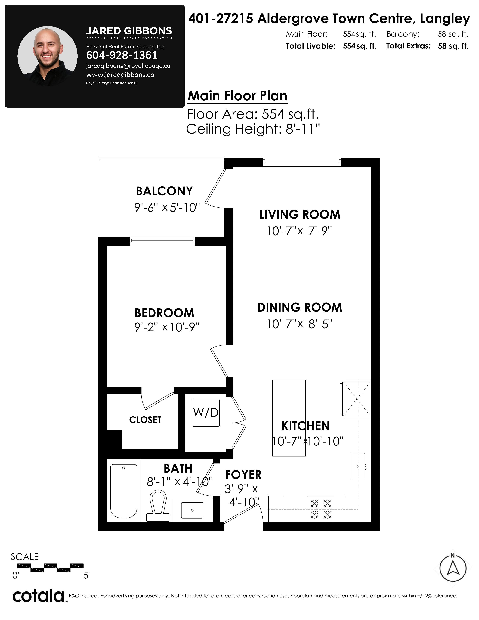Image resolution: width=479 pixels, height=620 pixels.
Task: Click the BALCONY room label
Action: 164,191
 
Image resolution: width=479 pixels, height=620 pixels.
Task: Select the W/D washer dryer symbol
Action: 206,412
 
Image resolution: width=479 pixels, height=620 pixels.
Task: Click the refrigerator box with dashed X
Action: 357,398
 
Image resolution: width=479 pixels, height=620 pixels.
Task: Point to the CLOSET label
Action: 145,420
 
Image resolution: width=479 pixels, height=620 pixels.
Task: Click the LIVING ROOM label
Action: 300,215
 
